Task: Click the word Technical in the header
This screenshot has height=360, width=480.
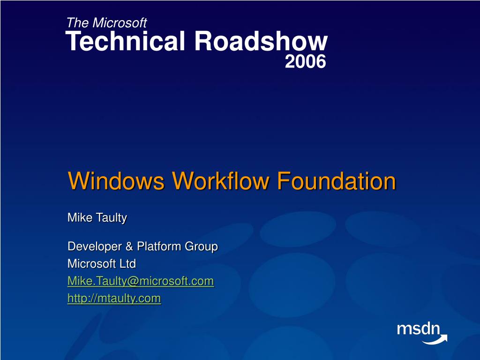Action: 127,42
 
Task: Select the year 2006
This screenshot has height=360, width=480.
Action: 305,61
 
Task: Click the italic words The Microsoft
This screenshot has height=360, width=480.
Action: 106,22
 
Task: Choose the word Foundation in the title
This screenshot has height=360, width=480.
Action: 336,181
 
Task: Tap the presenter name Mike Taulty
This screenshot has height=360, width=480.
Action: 97,218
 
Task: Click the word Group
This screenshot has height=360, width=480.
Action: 203,247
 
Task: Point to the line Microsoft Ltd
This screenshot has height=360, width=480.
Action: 102,264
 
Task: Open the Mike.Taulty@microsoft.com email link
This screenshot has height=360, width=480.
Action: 141,281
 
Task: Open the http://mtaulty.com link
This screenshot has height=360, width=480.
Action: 114,298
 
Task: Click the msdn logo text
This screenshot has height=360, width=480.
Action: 418,329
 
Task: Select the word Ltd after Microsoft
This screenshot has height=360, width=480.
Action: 127,264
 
